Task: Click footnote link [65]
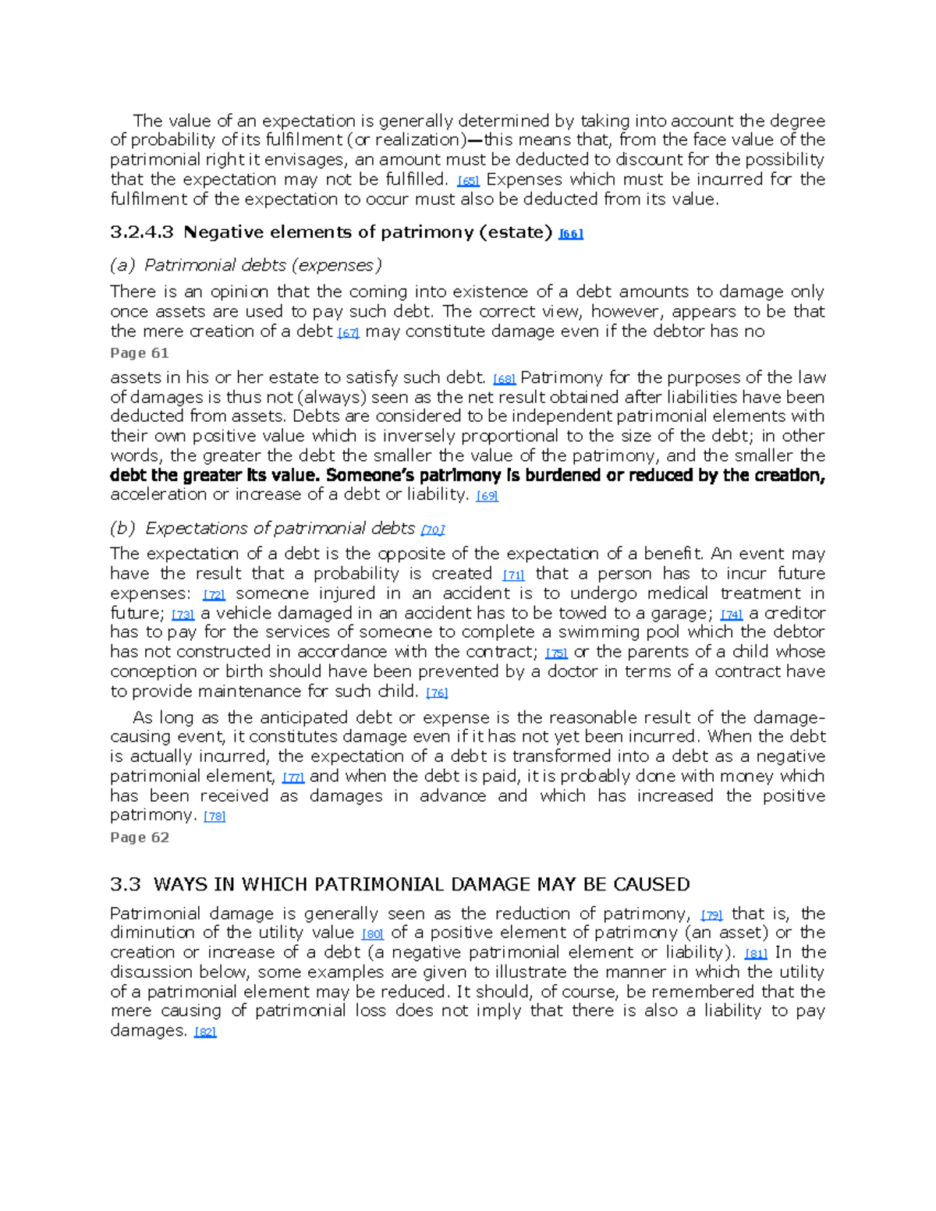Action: (468, 181)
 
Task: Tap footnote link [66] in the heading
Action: (571, 234)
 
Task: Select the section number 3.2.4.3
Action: (142, 232)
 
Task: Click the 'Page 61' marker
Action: (140, 352)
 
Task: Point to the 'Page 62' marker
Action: (140, 837)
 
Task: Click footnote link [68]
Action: (505, 380)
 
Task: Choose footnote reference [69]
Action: (487, 496)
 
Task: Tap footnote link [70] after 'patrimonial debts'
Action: (432, 530)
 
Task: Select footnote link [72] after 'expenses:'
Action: (214, 595)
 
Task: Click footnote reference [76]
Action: (437, 693)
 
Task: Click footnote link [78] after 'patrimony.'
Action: (214, 816)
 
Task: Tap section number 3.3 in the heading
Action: (126, 884)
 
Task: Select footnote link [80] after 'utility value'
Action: (373, 934)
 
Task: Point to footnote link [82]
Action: (204, 1032)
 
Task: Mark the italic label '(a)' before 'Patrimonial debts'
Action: (122, 265)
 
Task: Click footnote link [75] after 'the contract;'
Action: (556, 653)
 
